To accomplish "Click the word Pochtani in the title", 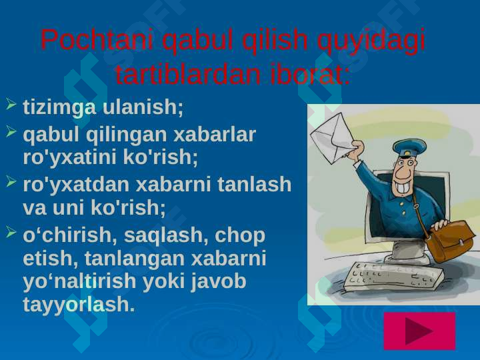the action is click(97, 39).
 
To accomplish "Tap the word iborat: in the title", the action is click(310, 74).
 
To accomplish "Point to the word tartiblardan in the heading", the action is click(188, 74).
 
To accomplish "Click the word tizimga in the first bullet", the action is click(59, 108).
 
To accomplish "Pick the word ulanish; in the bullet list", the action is click(143, 107).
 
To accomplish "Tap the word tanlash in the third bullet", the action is click(254, 184).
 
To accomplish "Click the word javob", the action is click(218, 282).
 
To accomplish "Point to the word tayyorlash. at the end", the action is click(79, 305).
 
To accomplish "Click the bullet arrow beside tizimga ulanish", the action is click(11, 104).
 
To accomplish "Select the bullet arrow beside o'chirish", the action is click(11, 233).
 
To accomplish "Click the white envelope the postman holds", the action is click(334, 139).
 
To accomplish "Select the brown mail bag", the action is click(451, 241).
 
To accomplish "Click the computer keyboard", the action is click(393, 277).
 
